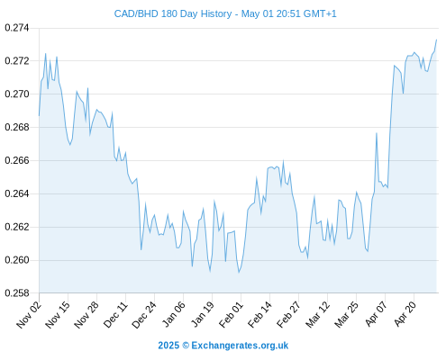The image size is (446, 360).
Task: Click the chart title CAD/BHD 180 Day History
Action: click(x=173, y=13)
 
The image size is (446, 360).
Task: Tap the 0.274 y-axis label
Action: click(x=17, y=28)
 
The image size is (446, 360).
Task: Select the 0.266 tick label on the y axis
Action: click(x=17, y=160)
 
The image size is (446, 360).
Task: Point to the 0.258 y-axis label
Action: click(x=17, y=293)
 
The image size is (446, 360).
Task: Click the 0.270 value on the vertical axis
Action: click(x=17, y=94)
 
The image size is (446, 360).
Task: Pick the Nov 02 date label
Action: click(x=29, y=315)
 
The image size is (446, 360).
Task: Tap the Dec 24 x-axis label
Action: click(x=144, y=315)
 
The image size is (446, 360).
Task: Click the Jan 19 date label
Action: click(x=204, y=315)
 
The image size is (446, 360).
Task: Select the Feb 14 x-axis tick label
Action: click(x=260, y=315)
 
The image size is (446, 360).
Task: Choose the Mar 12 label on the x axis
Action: click(x=318, y=315)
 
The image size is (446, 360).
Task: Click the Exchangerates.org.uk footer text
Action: click(x=240, y=346)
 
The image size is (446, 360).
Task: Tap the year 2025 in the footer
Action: click(x=168, y=346)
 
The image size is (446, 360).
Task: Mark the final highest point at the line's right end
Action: click(x=436, y=40)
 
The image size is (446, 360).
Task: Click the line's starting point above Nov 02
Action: click(x=39, y=116)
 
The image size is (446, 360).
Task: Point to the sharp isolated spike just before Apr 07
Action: click(x=377, y=133)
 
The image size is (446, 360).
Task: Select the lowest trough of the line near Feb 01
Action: click(x=239, y=273)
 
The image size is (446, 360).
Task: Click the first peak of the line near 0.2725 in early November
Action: click(x=46, y=54)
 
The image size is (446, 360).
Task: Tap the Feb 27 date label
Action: click(x=289, y=315)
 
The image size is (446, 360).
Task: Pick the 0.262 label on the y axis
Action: click(x=17, y=227)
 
